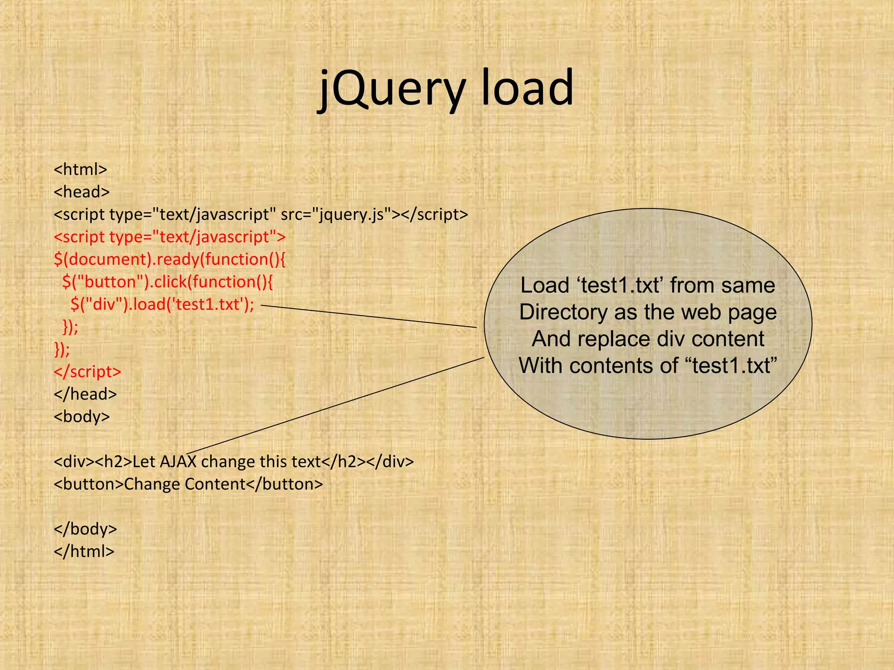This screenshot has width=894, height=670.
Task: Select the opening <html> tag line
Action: pos(80,169)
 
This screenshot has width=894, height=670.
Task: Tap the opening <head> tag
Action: pos(82,192)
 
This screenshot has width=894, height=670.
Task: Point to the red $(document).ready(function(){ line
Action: pos(169,260)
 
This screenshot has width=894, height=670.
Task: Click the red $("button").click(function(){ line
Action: pos(168,282)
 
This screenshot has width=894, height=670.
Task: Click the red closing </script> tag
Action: pos(87,372)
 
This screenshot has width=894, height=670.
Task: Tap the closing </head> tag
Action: pos(85,394)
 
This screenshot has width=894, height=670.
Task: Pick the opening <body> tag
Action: pos(82,417)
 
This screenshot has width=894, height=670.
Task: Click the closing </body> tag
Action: pos(85,529)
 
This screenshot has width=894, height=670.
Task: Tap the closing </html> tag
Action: pos(84,552)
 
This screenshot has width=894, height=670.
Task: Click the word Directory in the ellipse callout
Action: pos(563,312)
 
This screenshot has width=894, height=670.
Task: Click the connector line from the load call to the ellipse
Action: pos(369,316)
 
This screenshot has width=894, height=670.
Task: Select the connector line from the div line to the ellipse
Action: pos(336,406)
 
